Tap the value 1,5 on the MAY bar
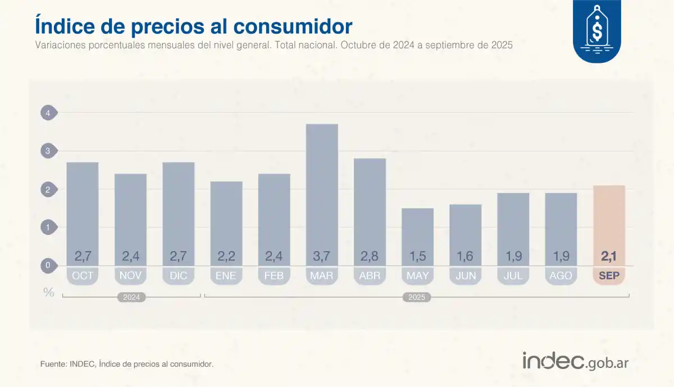[x=417, y=256]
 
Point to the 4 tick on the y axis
[x=48, y=113]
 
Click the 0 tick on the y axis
[x=48, y=266]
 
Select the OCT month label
[x=83, y=275]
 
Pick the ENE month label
[x=226, y=275]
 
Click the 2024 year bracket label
[x=131, y=297]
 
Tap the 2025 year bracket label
[x=417, y=297]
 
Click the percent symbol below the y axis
[x=49, y=292]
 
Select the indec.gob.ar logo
[x=575, y=361]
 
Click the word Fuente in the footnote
[x=53, y=364]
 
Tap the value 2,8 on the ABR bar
[x=370, y=256]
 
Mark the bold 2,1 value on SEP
[x=609, y=256]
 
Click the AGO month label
[x=561, y=275]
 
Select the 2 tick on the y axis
[x=48, y=189]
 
